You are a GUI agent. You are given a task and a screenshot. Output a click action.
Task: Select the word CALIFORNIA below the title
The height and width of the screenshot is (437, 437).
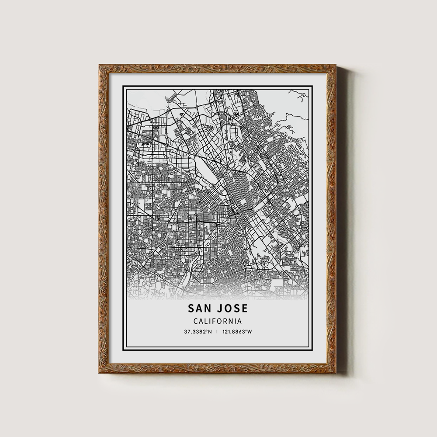point(218,321)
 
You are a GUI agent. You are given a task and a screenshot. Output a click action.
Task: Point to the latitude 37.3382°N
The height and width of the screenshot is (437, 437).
point(198,332)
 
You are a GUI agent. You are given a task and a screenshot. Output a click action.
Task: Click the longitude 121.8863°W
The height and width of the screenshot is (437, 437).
point(238,332)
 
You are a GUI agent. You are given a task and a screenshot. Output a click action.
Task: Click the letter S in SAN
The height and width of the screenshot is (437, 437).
point(191,308)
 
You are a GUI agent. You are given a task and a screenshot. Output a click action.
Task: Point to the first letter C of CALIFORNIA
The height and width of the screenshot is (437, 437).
point(195,321)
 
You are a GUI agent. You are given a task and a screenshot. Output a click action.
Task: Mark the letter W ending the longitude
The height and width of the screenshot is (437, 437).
point(250,332)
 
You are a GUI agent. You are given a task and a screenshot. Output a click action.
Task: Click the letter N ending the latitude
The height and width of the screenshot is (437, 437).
point(210,332)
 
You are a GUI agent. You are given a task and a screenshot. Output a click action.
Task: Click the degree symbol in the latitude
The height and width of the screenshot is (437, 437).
point(207,331)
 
